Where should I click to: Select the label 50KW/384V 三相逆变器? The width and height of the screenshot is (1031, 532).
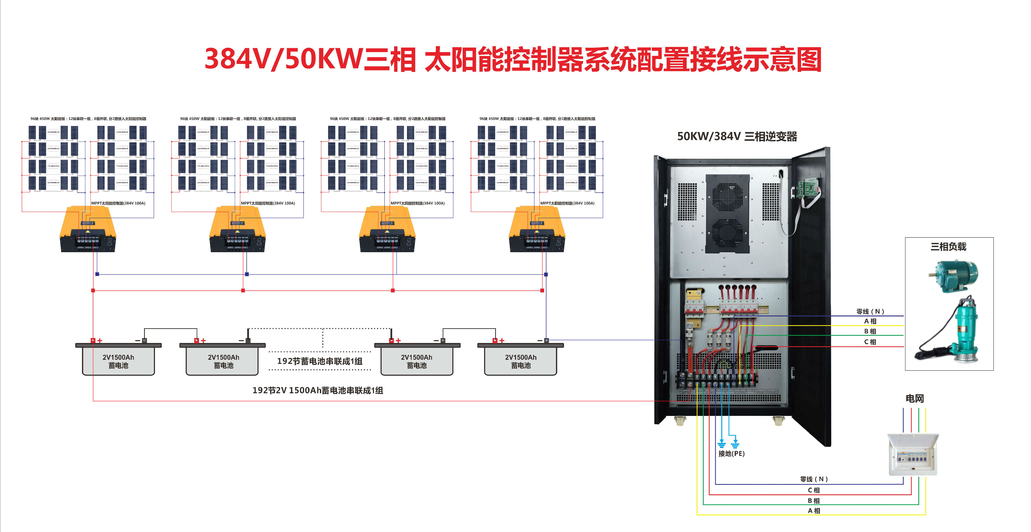pyautogui.click(x=736, y=136)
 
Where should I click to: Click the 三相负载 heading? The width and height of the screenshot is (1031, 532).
pyautogui.click(x=948, y=247)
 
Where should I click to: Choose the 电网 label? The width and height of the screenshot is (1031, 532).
pyautogui.click(x=914, y=398)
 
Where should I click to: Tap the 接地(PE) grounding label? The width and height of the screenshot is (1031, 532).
pyautogui.click(x=731, y=454)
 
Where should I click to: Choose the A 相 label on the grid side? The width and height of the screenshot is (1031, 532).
pyautogui.click(x=814, y=511)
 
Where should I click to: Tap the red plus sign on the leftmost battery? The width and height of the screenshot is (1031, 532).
pyautogui.click(x=100, y=341)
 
